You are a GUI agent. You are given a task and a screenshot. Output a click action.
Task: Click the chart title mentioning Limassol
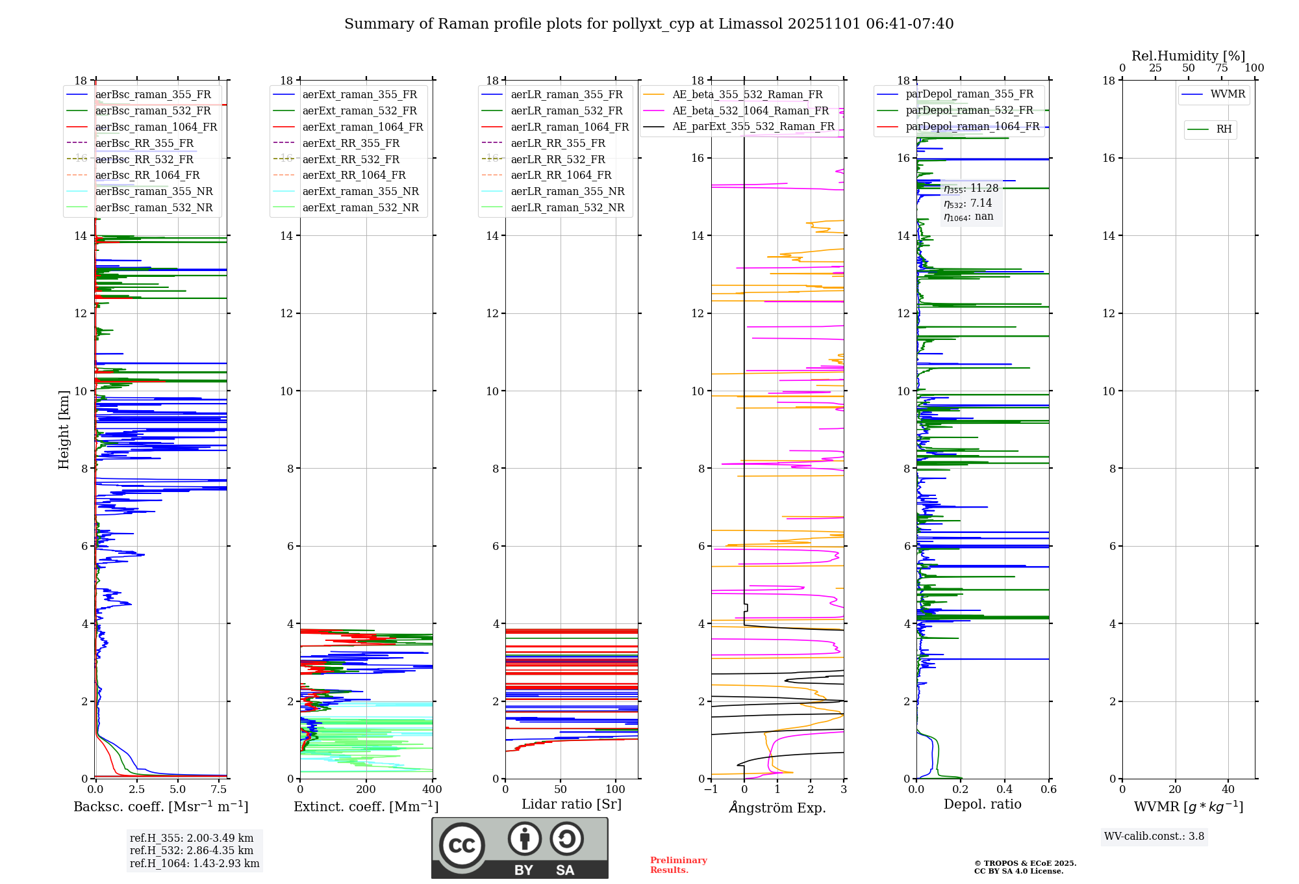(648, 24)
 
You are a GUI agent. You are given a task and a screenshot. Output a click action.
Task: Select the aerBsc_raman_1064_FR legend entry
(156, 127)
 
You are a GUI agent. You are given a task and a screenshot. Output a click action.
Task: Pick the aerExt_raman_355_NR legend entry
(360, 192)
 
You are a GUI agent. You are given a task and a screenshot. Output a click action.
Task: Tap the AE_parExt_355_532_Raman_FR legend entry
(753, 127)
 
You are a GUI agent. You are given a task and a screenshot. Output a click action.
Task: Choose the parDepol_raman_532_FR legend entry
(969, 110)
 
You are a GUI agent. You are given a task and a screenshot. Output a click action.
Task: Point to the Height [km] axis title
(64, 429)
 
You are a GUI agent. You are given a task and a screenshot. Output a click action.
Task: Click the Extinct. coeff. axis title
(366, 807)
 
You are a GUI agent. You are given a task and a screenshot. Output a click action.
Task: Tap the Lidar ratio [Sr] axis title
(571, 805)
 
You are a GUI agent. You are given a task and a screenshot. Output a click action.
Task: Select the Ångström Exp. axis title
(777, 808)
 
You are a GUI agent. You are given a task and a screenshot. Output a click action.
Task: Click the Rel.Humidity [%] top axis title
(1188, 56)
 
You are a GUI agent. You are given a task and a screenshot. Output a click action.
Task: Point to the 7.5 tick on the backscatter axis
(219, 790)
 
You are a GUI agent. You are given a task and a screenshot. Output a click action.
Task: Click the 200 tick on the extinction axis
(366, 790)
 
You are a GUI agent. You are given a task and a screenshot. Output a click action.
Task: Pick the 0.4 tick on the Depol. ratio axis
(1004, 790)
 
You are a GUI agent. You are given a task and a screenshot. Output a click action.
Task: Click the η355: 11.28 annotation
(970, 189)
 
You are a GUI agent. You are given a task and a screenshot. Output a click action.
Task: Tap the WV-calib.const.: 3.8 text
(1154, 837)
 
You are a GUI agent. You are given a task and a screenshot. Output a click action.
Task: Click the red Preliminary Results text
(678, 865)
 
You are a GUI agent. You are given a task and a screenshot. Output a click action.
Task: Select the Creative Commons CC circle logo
(462, 846)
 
